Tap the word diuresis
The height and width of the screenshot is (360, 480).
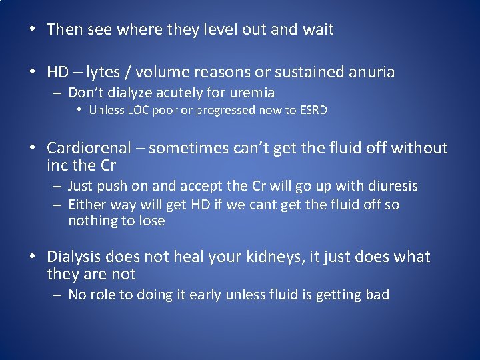tap(392, 186)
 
